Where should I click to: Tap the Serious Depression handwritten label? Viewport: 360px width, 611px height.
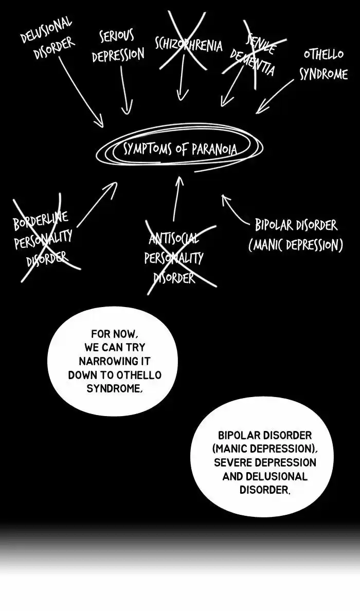tap(118, 46)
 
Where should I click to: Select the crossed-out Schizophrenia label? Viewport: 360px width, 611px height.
tap(188, 44)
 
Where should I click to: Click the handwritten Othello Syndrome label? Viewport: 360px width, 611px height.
tap(323, 64)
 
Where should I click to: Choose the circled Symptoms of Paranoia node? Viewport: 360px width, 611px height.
tap(180, 149)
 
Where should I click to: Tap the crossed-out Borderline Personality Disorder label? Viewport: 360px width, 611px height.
tap(43, 239)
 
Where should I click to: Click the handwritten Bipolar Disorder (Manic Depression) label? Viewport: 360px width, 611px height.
tap(296, 235)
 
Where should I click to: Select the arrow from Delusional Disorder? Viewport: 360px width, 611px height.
tap(82, 93)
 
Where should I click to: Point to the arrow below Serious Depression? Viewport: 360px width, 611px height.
tap(124, 90)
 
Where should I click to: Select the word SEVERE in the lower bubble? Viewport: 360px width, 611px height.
tap(235, 462)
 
